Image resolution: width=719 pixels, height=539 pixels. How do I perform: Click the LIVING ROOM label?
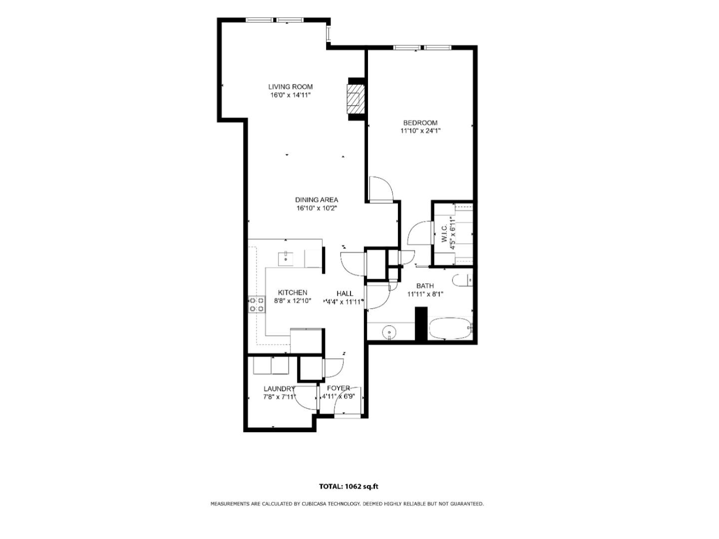point(290,87)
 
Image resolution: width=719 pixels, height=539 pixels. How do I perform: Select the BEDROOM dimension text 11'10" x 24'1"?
point(420,131)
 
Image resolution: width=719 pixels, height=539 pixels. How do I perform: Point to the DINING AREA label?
point(316,200)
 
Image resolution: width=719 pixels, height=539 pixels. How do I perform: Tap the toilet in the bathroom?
point(463,280)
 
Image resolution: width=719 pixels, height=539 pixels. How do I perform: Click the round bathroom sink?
point(388,332)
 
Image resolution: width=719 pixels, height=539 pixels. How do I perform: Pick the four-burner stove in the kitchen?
point(257,304)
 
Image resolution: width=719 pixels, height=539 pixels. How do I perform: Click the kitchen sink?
point(286,259)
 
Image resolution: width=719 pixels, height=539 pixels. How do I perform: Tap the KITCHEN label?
point(293,293)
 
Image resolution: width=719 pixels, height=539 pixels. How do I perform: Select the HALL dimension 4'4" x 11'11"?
point(344,301)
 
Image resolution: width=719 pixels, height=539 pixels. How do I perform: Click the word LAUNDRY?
point(279,389)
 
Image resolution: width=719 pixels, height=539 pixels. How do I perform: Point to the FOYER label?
point(338,388)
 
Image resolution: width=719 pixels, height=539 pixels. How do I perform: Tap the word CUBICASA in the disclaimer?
point(314,504)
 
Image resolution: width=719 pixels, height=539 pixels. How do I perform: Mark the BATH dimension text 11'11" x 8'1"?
point(425,294)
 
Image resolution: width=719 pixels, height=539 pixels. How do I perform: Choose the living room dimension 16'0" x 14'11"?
point(291,95)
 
